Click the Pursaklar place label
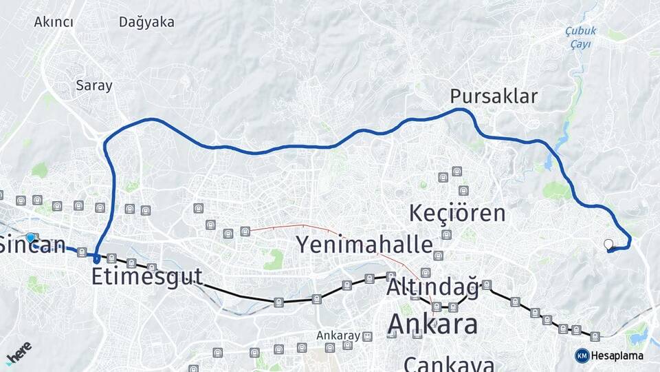pyautogui.click(x=494, y=96)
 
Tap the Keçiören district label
pyautogui.click(x=457, y=213)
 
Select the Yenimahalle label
pyautogui.click(x=364, y=244)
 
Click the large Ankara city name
pyautogui.click(x=432, y=323)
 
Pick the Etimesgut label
pyautogui.click(x=147, y=277)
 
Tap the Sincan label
pyautogui.click(x=32, y=245)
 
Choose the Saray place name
pyautogui.click(x=94, y=86)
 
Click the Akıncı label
pyautogui.click(x=54, y=22)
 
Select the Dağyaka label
pyautogui.click(x=146, y=22)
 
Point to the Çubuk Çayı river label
pyautogui.click(x=580, y=37)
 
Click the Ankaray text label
pyautogui.click(x=338, y=335)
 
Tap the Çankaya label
pyautogui.click(x=449, y=364)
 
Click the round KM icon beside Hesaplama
pyautogui.click(x=582, y=355)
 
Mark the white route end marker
pyautogui.click(x=608, y=244)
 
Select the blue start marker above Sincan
pyautogui.click(x=30, y=238)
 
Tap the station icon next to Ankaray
pyautogui.click(x=368, y=336)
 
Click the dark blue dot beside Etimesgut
pyautogui.click(x=97, y=259)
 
